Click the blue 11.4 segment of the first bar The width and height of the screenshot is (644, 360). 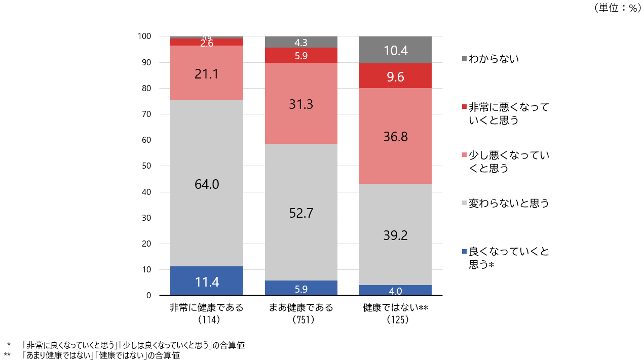(206, 281)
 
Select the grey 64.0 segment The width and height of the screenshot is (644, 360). (206, 183)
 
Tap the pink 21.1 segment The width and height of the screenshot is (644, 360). (206, 73)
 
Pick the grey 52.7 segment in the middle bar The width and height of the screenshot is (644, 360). (301, 212)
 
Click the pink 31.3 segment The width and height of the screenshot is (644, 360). (301, 104)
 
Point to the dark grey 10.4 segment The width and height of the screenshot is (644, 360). (395, 50)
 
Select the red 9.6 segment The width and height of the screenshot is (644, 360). (395, 76)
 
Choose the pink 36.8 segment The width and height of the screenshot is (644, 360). (395, 136)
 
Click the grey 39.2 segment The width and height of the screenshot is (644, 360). (395, 234)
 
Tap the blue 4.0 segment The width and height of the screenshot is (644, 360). (395, 291)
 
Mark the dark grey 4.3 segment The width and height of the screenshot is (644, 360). (301, 43)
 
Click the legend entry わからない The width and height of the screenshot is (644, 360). (494, 59)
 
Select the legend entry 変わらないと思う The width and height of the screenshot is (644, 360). (509, 204)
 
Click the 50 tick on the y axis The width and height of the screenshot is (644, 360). (146, 166)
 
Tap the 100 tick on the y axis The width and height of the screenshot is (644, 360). (144, 36)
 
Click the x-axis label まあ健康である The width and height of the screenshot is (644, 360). (301, 307)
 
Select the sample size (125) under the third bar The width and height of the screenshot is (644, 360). (395, 319)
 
